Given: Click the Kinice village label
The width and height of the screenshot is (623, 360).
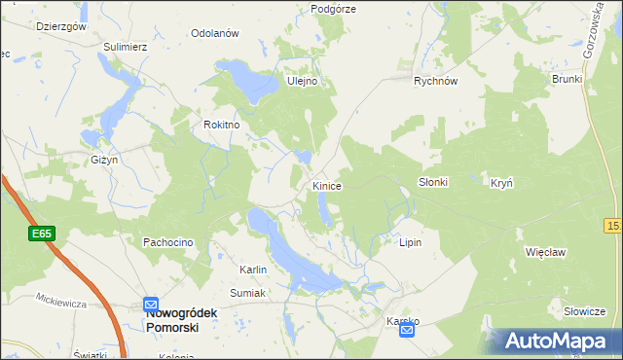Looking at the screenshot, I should click(326, 185).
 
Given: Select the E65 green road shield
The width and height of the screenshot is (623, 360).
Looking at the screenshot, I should click(41, 234).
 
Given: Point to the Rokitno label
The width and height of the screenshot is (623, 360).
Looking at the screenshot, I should click(221, 125).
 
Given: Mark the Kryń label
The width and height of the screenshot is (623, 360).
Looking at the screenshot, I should click(501, 182).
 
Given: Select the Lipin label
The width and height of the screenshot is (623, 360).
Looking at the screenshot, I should click(410, 242).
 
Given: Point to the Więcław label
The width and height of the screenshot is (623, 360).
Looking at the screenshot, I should click(545, 251).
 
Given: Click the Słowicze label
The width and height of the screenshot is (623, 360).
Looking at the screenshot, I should click(585, 311).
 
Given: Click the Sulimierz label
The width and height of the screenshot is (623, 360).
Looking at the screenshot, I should click(126, 46).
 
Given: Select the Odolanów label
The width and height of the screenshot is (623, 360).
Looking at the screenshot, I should click(215, 33).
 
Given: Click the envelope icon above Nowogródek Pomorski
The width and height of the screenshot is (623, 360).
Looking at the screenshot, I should click(150, 304).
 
